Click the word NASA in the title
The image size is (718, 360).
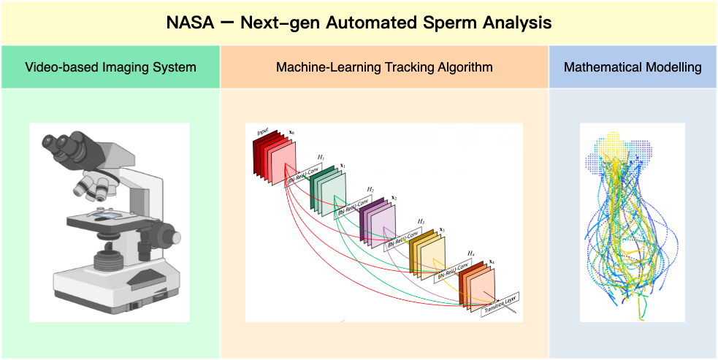[188, 23]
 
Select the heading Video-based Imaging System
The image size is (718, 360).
[110, 67]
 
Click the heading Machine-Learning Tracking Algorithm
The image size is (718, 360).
[384, 67]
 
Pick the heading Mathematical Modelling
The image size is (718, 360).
[633, 67]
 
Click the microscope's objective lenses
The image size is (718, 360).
[91, 188]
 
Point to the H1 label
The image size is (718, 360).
[320, 157]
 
